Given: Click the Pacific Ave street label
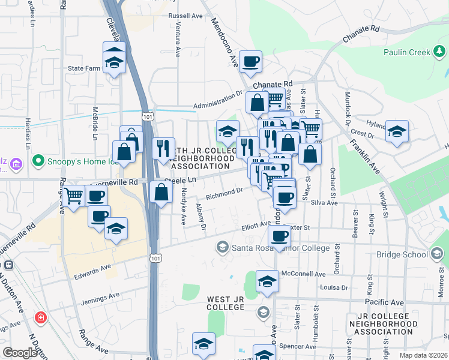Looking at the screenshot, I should [385, 303].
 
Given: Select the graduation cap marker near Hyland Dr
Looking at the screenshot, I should [397, 131].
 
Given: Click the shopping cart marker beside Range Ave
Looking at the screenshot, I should [74, 196].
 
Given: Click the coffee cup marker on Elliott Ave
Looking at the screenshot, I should [279, 237].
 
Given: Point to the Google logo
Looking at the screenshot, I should [20, 353].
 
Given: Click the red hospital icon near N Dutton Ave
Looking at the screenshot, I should [40, 317].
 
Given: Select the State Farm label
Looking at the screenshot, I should [84, 68].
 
